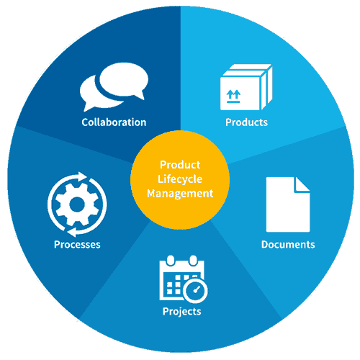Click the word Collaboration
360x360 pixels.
click(x=114, y=122)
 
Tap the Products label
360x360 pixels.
click(x=246, y=122)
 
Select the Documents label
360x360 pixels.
click(x=288, y=244)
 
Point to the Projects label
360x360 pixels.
click(x=182, y=312)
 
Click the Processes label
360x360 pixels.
click(x=77, y=245)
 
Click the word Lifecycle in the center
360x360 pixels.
click(x=180, y=179)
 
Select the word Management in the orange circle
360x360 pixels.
click(x=180, y=194)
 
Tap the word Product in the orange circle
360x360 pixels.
click(x=180, y=165)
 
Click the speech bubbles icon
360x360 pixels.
click(x=114, y=87)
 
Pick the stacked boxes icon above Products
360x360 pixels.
click(x=246, y=87)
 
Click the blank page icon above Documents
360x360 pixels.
click(x=288, y=204)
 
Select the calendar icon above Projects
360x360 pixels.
click(x=184, y=279)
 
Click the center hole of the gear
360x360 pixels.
click(x=77, y=204)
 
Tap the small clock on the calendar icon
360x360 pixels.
click(x=195, y=291)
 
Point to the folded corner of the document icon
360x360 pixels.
click(x=302, y=185)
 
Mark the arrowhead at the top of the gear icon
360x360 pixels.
click(x=82, y=176)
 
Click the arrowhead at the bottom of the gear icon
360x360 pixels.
click(x=72, y=233)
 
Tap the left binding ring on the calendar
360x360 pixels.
click(x=171, y=261)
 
